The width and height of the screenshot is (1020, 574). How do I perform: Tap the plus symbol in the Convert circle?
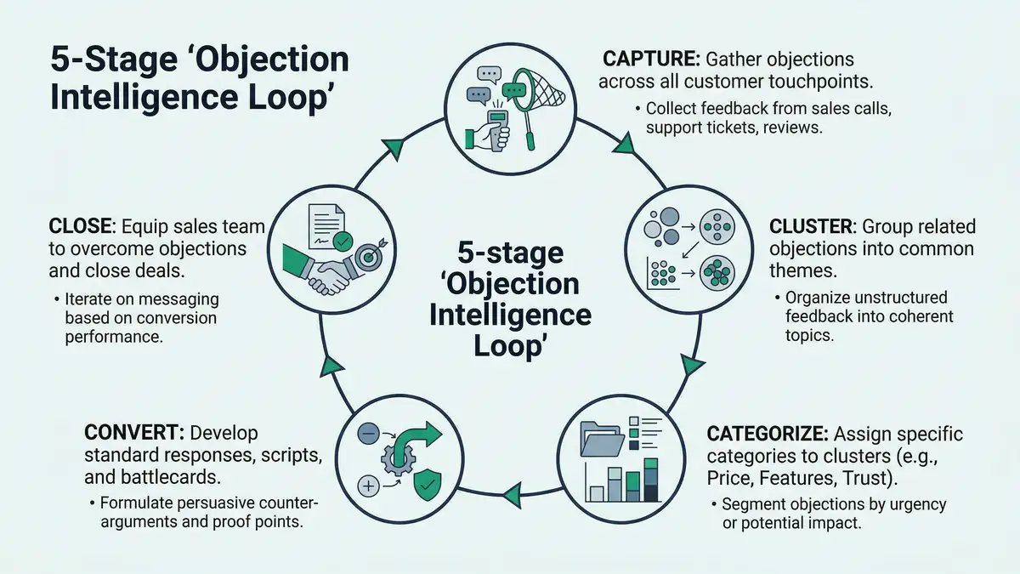pyautogui.click(x=368, y=486)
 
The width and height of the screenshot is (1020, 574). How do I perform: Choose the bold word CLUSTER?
pyautogui.click(x=812, y=227)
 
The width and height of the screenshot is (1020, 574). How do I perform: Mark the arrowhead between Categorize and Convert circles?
pyautogui.click(x=512, y=491)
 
